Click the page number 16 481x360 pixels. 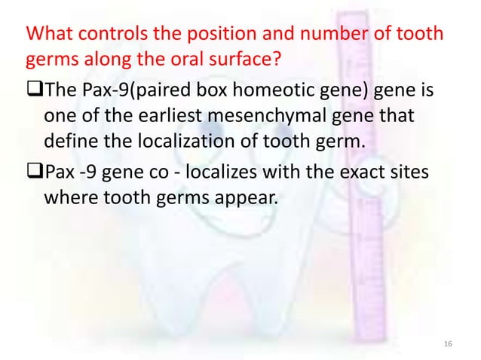[449, 343]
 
